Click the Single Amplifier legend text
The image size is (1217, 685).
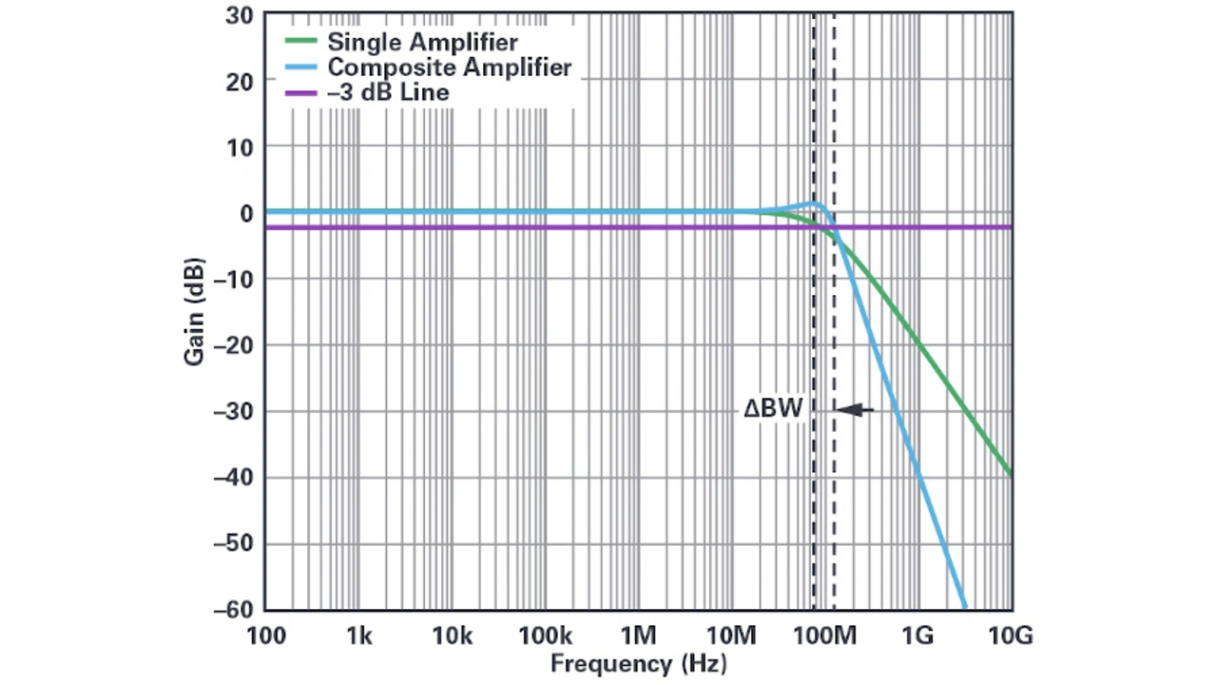click(x=422, y=42)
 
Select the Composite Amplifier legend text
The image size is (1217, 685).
click(x=449, y=68)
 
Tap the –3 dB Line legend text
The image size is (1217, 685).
click(x=388, y=93)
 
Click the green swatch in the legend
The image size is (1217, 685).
click(x=299, y=42)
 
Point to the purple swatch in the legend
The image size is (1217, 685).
click(x=299, y=93)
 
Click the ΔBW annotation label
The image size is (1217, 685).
click(x=773, y=409)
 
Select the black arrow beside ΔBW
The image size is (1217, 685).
click(x=856, y=410)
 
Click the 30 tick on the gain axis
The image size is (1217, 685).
click(x=240, y=15)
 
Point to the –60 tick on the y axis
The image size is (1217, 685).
click(x=234, y=610)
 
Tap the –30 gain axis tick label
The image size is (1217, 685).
click(x=234, y=411)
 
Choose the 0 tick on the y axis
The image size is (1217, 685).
click(x=246, y=213)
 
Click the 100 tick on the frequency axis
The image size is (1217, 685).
click(x=265, y=635)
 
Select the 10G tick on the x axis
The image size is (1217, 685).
click(x=1011, y=635)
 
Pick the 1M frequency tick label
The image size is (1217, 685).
click(x=638, y=635)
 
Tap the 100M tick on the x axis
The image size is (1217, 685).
click(x=825, y=635)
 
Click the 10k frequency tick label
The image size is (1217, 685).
click(x=452, y=635)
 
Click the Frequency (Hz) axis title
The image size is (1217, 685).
click(x=638, y=663)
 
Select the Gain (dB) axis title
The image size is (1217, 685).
click(x=194, y=311)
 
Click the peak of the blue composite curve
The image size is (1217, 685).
click(x=816, y=204)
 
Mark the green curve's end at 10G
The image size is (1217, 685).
click(x=1010, y=473)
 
